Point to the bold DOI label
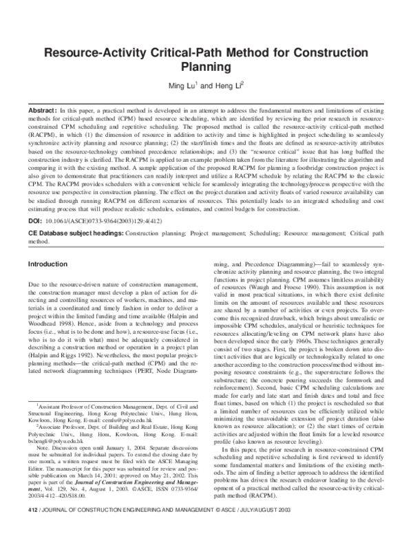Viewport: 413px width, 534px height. point(34,223)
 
